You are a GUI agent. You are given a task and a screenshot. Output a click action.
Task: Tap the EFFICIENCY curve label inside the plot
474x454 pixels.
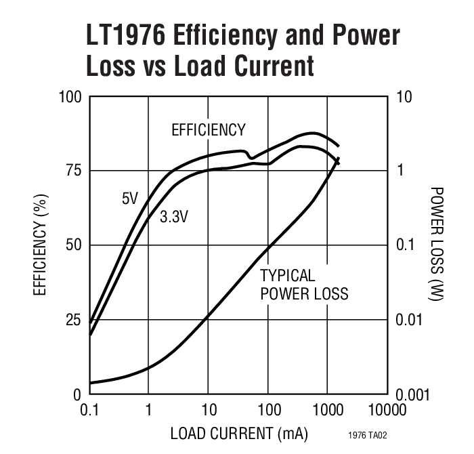208,130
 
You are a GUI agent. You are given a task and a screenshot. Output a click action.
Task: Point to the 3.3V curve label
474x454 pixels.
174,217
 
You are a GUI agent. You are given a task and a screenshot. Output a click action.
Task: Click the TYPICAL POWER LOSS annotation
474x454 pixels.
304,285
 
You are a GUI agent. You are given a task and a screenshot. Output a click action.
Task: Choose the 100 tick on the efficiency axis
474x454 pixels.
70,97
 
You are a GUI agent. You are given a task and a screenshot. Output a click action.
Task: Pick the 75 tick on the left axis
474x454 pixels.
73,170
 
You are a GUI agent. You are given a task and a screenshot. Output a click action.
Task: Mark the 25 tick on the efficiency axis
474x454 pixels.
73,319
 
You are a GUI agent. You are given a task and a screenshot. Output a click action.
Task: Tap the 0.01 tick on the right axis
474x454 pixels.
410,319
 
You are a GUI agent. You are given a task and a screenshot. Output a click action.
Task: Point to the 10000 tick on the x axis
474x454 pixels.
389,410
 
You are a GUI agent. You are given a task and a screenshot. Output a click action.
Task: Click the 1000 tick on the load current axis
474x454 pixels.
328,410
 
